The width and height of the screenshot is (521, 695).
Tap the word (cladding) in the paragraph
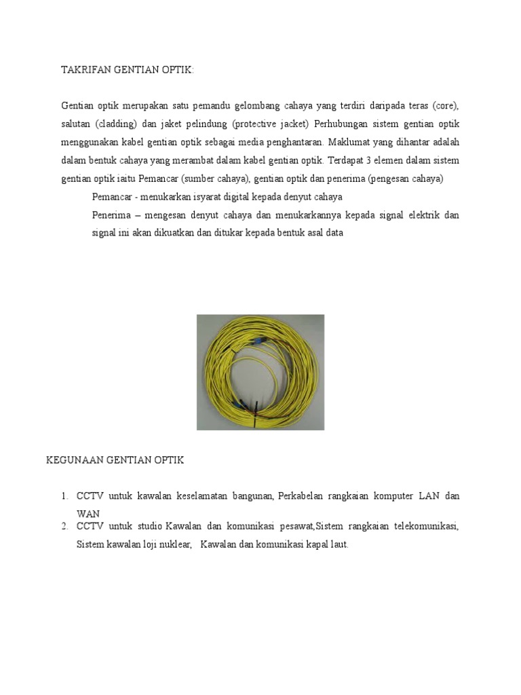click(116, 125)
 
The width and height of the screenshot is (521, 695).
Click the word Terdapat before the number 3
click(332, 161)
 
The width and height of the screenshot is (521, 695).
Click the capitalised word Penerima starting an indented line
click(112, 215)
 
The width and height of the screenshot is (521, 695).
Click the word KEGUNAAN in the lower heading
click(75, 460)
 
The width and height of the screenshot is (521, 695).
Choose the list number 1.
click(64, 497)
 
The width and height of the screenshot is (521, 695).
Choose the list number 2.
click(64, 527)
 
